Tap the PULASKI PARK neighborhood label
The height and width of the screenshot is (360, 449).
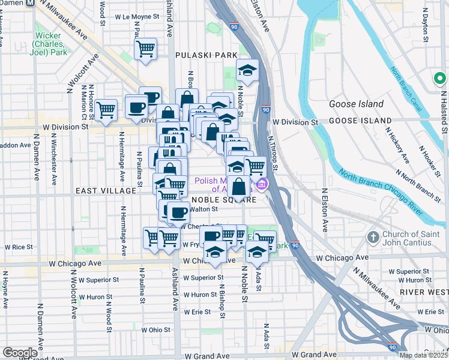206,55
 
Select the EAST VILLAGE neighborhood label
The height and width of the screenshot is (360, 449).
106,190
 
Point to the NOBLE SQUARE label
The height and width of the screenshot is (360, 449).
228,200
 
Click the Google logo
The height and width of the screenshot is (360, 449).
20,353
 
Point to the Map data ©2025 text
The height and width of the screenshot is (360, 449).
423,355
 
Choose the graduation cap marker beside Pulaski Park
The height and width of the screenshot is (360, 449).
247,71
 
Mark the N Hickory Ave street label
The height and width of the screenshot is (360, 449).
397,145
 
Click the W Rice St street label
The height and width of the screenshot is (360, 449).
18,247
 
